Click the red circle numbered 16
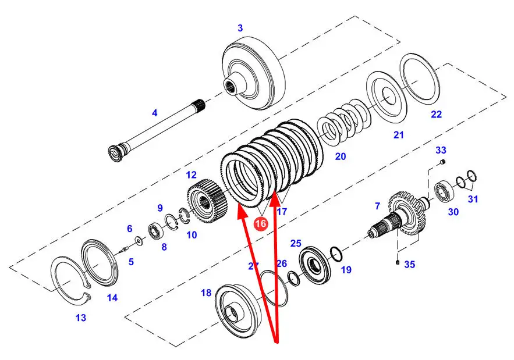coord(260,223)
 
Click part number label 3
coord(240,28)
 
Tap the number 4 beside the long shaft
coord(154,113)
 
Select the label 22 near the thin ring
coord(436,115)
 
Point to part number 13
coord(80,318)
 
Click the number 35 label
coord(410,265)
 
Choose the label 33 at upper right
coord(441,151)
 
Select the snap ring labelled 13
coord(69,279)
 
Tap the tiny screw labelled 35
coord(396,264)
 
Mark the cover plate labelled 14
coord(102,263)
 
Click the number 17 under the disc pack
coord(282,212)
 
